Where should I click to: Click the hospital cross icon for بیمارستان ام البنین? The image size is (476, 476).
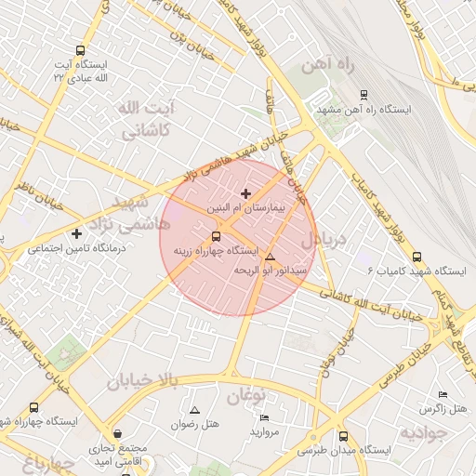245,193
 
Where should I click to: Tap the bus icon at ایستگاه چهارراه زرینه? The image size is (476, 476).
217,236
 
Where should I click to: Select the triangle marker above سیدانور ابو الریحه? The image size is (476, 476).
271,257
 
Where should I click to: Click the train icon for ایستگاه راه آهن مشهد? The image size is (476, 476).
364,94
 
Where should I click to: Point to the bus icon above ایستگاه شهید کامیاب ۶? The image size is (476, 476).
416,256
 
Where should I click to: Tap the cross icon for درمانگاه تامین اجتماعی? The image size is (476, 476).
76,233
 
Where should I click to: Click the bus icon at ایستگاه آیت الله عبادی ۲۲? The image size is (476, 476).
80,51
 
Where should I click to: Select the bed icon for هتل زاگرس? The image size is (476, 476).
442,394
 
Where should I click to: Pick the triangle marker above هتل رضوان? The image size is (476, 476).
194,410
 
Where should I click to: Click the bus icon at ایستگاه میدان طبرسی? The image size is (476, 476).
343,436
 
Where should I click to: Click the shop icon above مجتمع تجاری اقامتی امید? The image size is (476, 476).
117,434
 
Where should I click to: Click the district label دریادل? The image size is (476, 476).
324,240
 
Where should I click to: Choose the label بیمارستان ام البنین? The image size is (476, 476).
245,208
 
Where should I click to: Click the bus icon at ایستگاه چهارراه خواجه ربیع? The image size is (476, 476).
34,408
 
